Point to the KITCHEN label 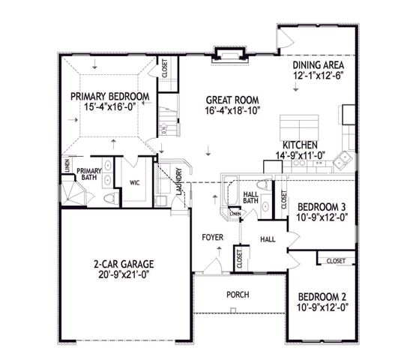(x=300, y=145)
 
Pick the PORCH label (x=238, y=295)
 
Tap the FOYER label (x=213, y=237)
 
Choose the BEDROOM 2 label (x=323, y=295)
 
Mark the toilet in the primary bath (x=109, y=198)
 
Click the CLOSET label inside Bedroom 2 (x=334, y=260)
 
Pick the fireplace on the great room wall (x=228, y=53)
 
